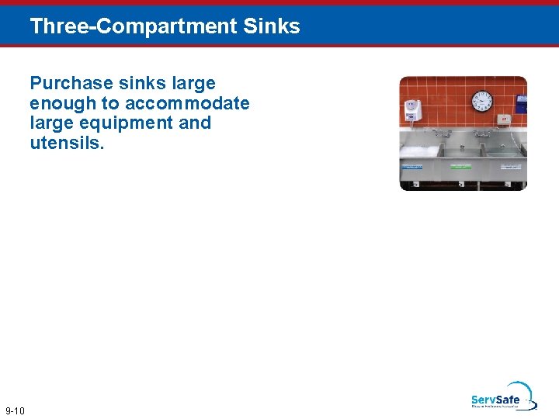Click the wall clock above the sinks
(481, 101)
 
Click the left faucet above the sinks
(443, 133)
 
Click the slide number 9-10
(15, 410)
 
